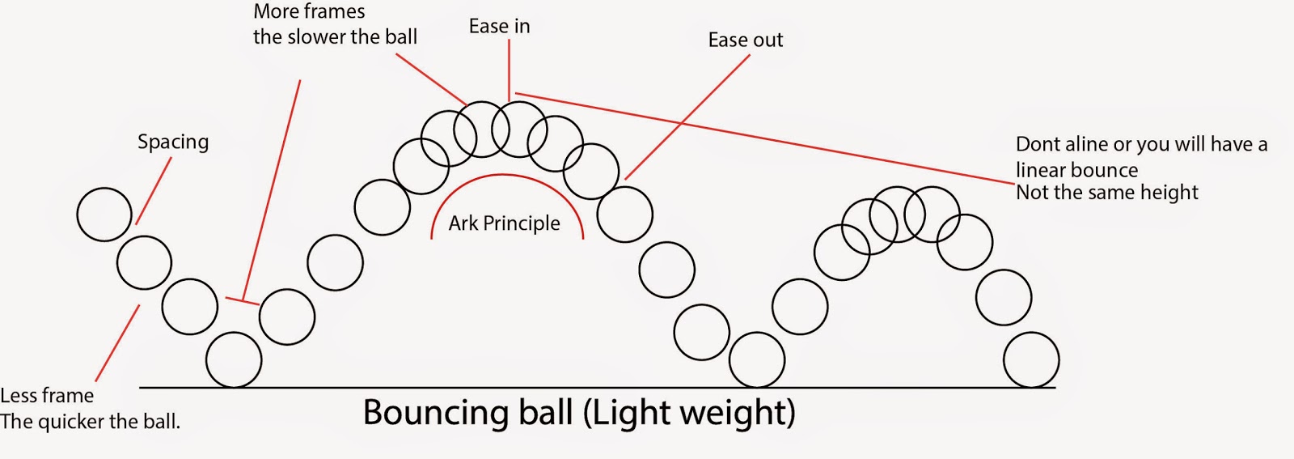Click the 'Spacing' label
point(173,142)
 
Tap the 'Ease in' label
point(499,27)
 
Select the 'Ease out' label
point(745,40)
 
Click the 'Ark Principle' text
point(504,223)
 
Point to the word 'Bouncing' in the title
point(437,413)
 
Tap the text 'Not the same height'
point(1106,193)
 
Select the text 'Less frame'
point(47,396)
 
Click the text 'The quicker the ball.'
point(90,422)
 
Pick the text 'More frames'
point(309,12)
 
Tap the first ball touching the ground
point(234,359)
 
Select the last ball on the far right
point(1031,359)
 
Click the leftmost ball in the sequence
point(104,215)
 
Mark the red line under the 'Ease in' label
point(509,69)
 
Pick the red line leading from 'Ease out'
point(687,117)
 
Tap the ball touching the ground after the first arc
point(757,359)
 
